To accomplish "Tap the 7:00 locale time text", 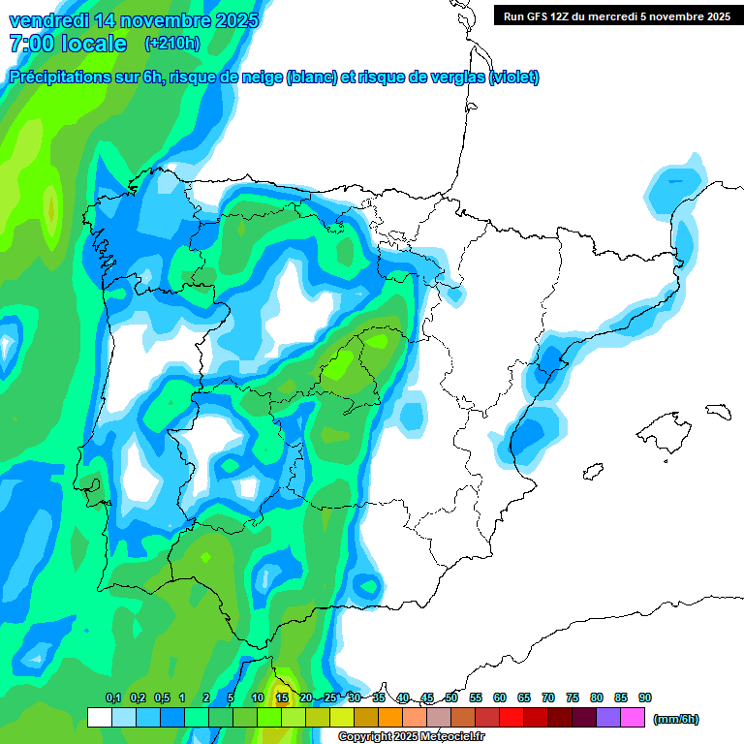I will tap(68, 44).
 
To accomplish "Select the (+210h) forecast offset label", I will tap(171, 43).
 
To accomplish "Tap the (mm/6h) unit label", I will tap(676, 719).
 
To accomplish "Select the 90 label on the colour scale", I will tap(645, 697).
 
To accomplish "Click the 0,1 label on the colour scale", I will tap(112, 697).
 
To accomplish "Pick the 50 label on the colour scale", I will tap(451, 697).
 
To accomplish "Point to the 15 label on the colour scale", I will tap(282, 697).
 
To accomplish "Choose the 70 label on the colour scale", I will tap(548, 697).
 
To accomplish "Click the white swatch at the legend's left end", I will tap(99, 718).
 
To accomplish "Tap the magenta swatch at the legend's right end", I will tap(634, 718).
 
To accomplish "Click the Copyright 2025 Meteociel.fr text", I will tap(411, 737).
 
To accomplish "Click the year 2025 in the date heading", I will tap(231, 20).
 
